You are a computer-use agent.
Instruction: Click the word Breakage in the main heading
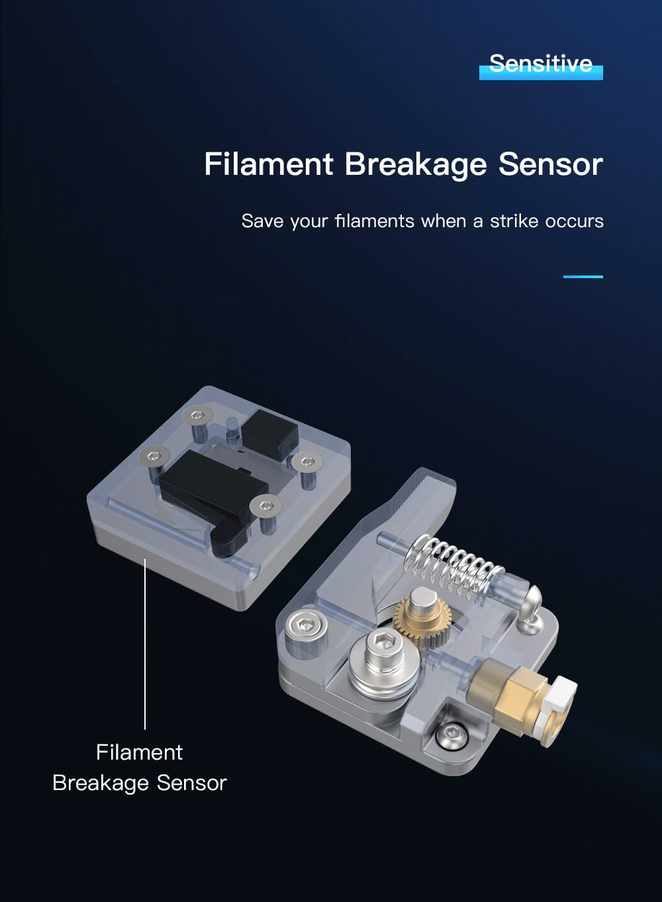point(415,164)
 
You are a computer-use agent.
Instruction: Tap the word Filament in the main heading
point(269,164)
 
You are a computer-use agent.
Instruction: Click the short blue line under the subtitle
point(583,277)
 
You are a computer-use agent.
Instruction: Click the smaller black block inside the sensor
point(270,435)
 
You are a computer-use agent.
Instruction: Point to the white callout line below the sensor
point(145,644)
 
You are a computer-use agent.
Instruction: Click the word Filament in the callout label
point(139,752)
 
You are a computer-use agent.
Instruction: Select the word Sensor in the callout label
point(191,783)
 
